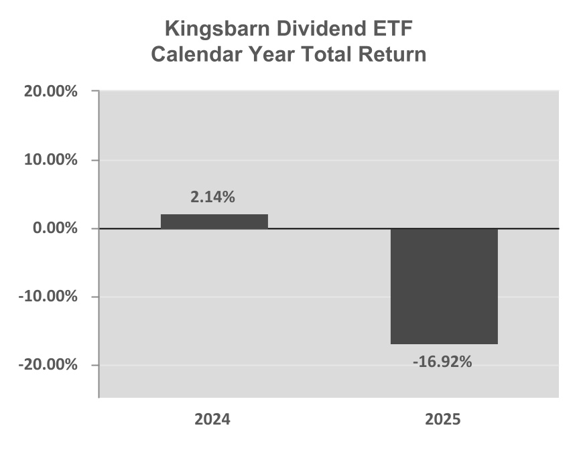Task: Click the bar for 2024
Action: click(x=214, y=222)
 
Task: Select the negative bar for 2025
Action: click(x=444, y=286)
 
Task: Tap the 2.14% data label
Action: click(x=214, y=198)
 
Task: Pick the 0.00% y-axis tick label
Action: click(x=54, y=228)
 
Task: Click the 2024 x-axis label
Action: click(x=212, y=421)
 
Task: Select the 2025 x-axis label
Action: click(x=443, y=421)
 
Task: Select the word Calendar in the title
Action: click(x=192, y=54)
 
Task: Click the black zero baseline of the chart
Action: click(x=335, y=229)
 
